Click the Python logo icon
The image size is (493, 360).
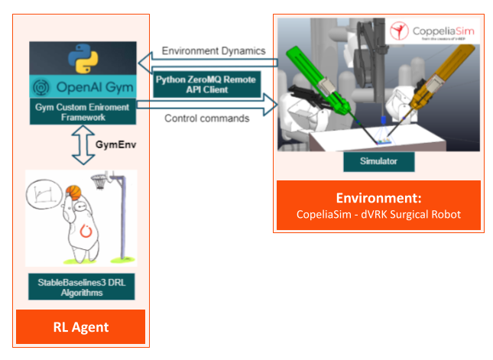pyautogui.click(x=83, y=59)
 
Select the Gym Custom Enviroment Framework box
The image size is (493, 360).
pyautogui.click(x=83, y=111)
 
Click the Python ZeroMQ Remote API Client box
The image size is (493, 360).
pyautogui.click(x=206, y=84)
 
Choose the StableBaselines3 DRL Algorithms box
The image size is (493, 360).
pyautogui.click(x=82, y=288)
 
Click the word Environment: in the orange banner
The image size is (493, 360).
pyautogui.click(x=379, y=197)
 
